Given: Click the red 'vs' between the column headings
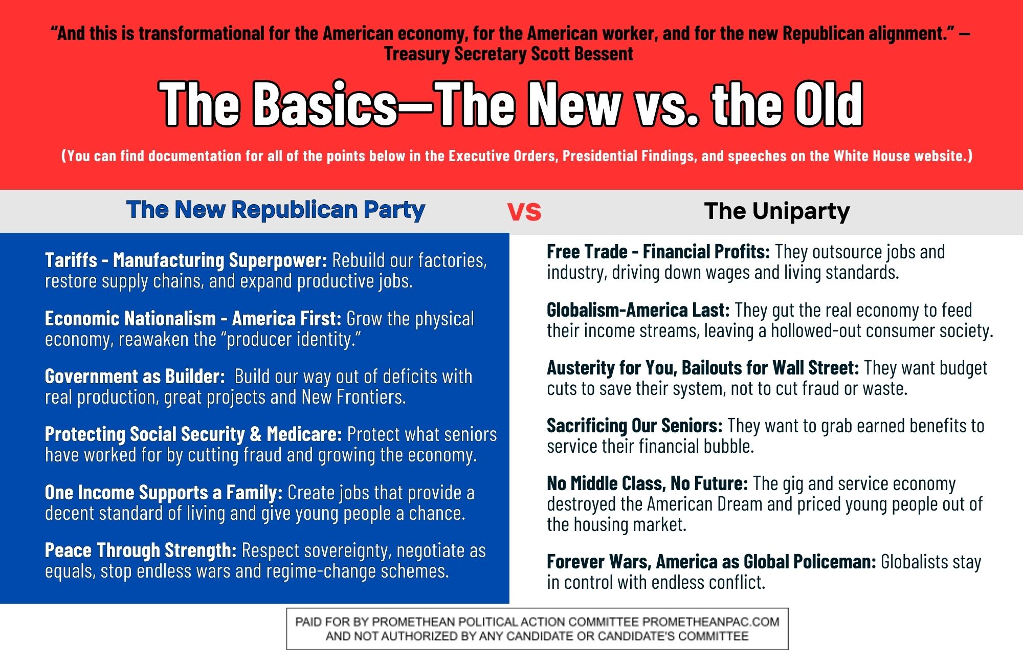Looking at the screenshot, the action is pos(524,212).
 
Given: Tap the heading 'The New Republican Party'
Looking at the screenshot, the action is pos(275,210).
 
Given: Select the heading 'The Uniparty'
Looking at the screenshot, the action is pos(777,211).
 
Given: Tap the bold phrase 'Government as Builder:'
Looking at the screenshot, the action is pos(135,377).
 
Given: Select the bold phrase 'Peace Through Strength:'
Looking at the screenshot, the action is pos(141,550).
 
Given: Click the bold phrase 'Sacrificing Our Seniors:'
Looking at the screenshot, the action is pos(635,426).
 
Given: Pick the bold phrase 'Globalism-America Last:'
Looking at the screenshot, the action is pos(638,310).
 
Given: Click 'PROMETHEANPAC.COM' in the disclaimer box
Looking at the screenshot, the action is pos(711,622).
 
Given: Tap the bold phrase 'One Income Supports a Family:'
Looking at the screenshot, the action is pos(164,493).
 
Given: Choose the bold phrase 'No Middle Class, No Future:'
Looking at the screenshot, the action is pos(648,483).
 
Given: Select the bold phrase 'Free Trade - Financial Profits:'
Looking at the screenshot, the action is pos(658,252).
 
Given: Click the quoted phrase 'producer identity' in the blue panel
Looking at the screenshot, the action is pos(291,339).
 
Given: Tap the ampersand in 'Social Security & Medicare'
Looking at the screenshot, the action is pos(256,434).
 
